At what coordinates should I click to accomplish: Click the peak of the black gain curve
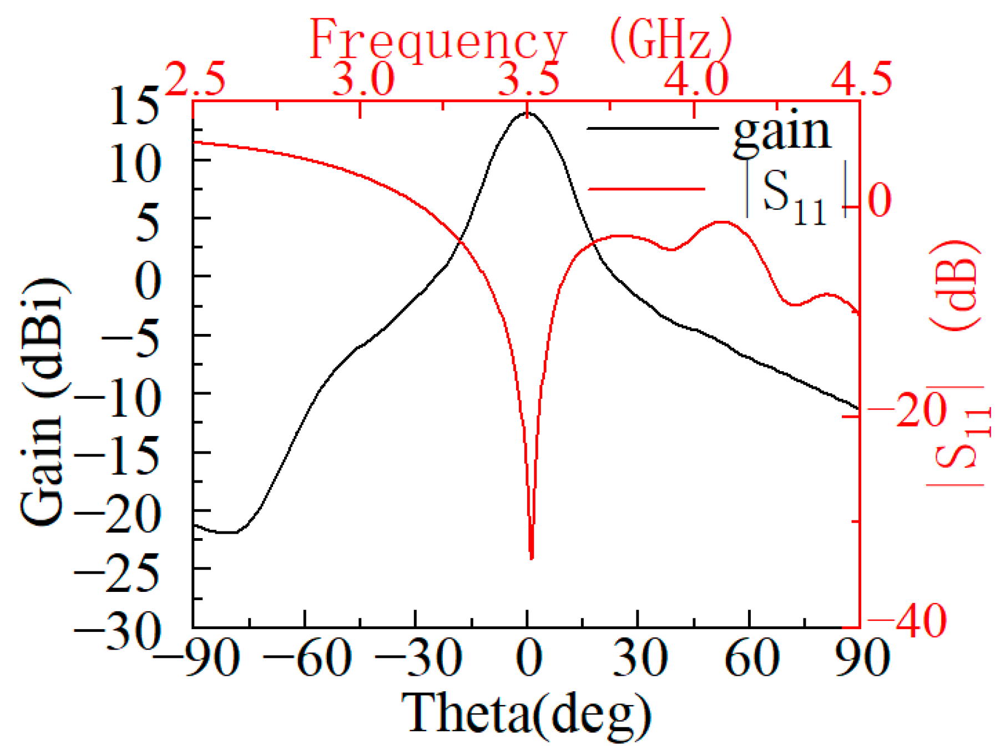pyautogui.click(x=526, y=113)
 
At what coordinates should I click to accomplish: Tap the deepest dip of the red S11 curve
pyautogui.click(x=532, y=558)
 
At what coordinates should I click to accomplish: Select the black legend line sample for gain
pyautogui.click(x=652, y=129)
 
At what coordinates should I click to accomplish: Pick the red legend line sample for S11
pyautogui.click(x=647, y=189)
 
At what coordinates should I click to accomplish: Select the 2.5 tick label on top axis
pyautogui.click(x=196, y=79)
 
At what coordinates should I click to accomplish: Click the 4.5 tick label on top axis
pyautogui.click(x=861, y=79)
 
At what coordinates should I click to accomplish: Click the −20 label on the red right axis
pyautogui.click(x=907, y=411)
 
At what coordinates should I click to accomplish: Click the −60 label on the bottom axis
pyautogui.click(x=307, y=659)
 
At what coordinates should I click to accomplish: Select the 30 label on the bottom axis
pyautogui.click(x=640, y=659)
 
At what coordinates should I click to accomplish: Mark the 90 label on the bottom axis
pyautogui.click(x=862, y=659)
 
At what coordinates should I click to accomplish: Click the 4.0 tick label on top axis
pyautogui.click(x=695, y=79)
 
